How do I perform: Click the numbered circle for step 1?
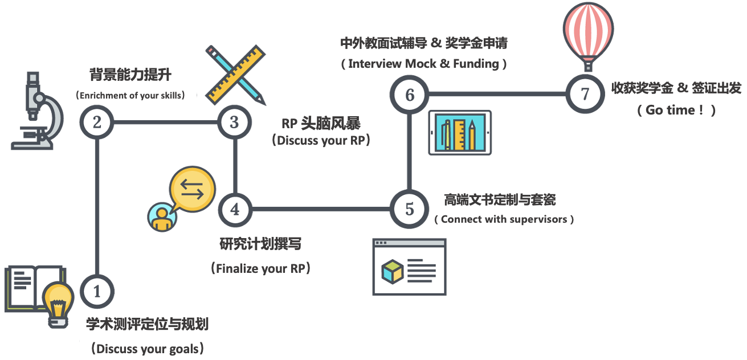coord(97,292)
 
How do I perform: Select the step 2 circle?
coord(97,122)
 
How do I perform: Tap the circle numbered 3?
coord(234,122)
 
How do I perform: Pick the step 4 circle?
coord(235,209)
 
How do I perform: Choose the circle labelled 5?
coord(409,209)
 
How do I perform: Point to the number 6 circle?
coord(410,94)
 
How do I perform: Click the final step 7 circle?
coord(585,94)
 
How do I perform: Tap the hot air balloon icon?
coord(588,34)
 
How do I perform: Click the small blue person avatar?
coord(161,217)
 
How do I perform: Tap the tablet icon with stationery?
coord(459,133)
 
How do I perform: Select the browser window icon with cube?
coord(409,267)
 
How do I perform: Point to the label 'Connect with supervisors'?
coord(504,219)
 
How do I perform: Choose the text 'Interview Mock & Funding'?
coord(424,64)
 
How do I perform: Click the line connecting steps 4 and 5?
coord(322,209)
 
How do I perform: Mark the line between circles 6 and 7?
coord(497,94)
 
